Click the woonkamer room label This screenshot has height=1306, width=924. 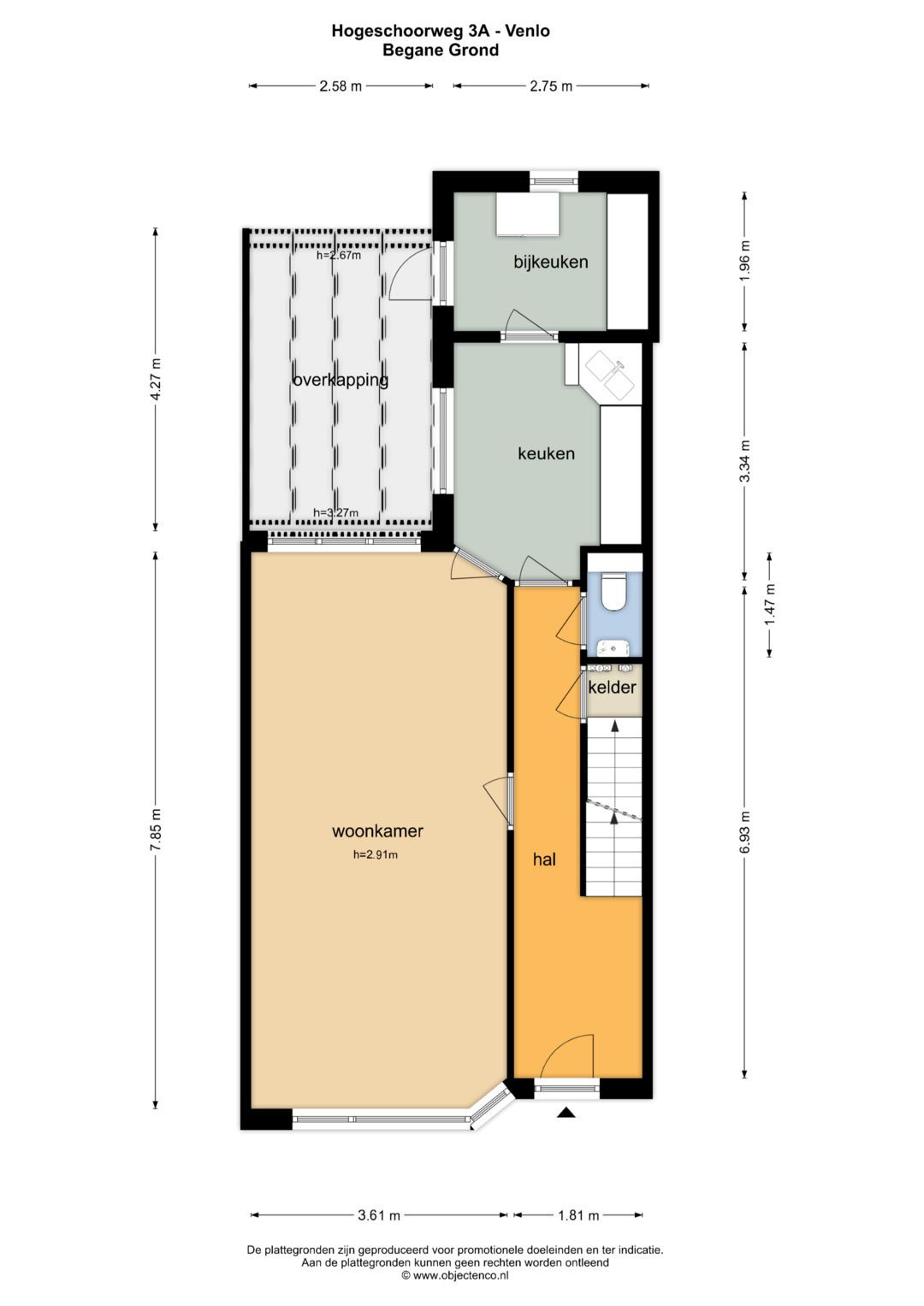click(377, 830)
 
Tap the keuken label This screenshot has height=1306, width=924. click(546, 453)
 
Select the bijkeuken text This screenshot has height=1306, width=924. click(551, 262)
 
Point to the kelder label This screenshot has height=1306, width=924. click(612, 688)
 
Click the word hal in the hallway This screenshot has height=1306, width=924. click(544, 859)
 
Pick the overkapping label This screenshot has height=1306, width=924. click(341, 381)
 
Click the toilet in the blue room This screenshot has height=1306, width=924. click(613, 591)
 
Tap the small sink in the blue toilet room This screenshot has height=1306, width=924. click(612, 647)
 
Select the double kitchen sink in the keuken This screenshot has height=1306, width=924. click(609, 376)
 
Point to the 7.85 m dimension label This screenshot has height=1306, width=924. click(156, 830)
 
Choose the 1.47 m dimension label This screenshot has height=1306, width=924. click(770, 605)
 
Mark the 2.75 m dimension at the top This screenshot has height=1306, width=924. click(551, 86)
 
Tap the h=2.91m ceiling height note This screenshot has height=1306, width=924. click(376, 855)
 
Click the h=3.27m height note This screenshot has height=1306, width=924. click(336, 513)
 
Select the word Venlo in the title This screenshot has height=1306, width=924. click(527, 31)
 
